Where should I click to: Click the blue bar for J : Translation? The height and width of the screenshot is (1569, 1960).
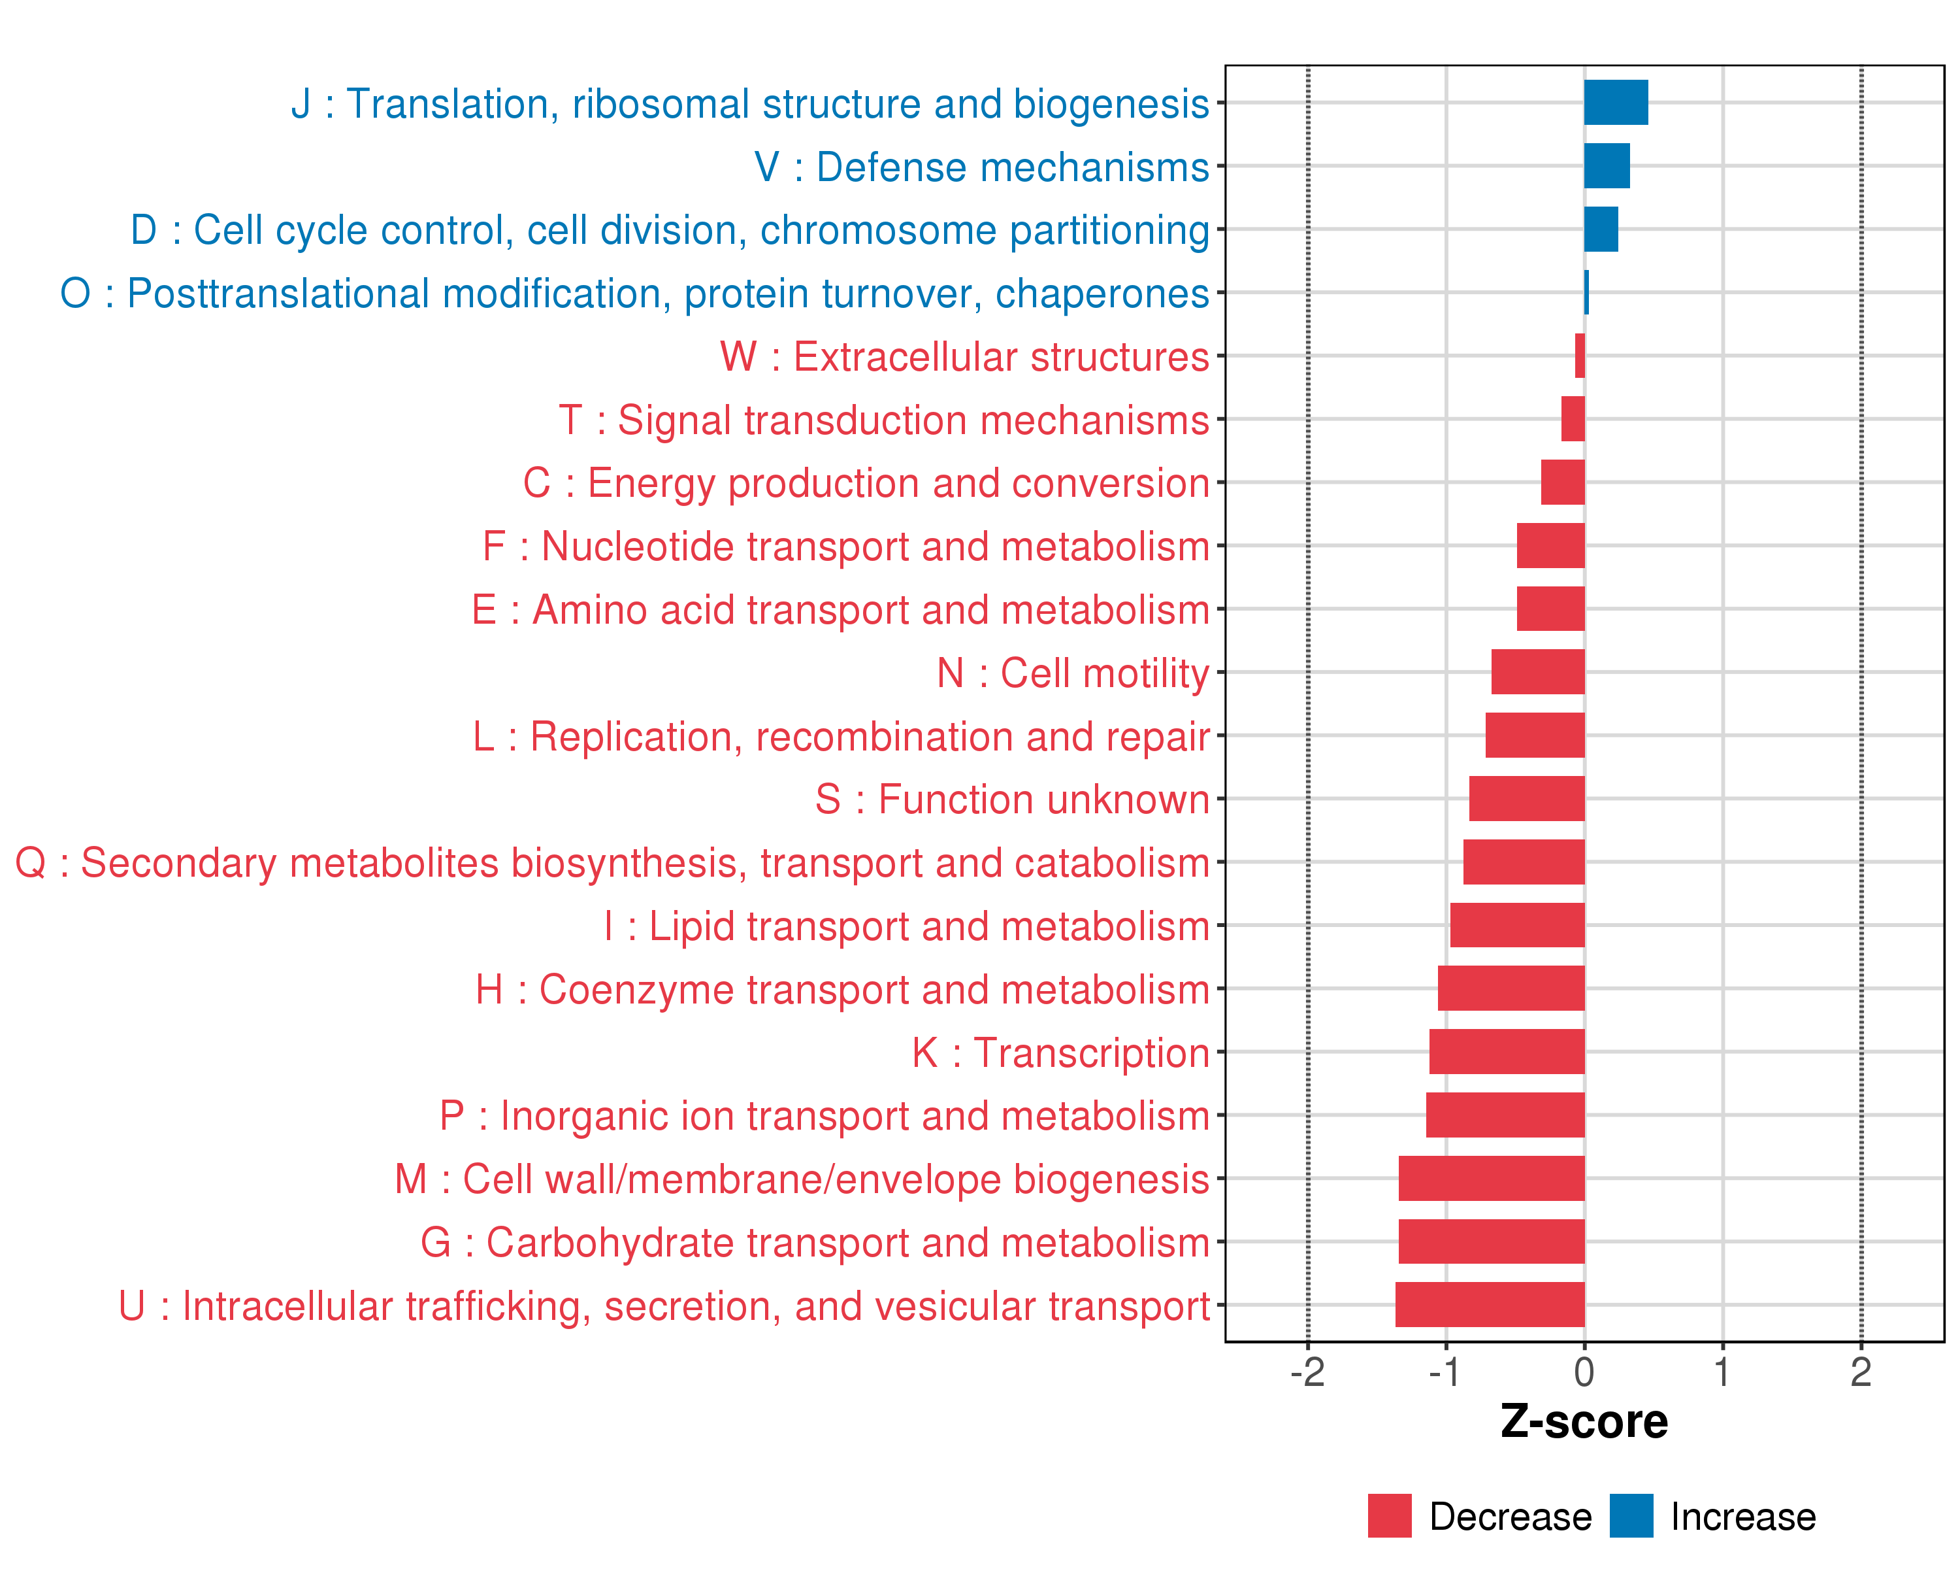coord(1616,102)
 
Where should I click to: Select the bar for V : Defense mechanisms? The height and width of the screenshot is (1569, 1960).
coord(1607,165)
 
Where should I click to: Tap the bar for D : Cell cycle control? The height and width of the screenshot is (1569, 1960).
coord(1601,229)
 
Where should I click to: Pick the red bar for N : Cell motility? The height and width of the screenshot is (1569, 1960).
coord(1538,672)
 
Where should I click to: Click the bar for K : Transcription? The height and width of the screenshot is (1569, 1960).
coord(1507,1051)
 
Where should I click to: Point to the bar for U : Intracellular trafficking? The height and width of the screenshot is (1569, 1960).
coord(1490,1304)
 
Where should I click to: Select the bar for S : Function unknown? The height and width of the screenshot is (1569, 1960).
coord(1527,799)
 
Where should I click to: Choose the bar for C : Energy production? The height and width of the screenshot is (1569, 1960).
coord(1563,482)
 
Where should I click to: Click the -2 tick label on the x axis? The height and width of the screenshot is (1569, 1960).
coord(1307,1372)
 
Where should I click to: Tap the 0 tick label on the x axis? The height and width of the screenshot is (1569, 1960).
coord(1584,1372)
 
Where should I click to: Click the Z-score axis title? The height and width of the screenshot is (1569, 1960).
coord(1584,1422)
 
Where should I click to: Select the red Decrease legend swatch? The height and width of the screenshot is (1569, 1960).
coord(1390,1516)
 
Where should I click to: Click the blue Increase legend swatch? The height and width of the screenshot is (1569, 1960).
coord(1632,1516)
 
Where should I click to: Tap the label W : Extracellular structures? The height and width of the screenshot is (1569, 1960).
coord(964,356)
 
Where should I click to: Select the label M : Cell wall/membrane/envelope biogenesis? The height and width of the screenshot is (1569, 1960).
coord(802,1179)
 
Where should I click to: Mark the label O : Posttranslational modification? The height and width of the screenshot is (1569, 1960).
coord(634,294)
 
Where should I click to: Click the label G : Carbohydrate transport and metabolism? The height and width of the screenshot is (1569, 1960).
coord(815,1243)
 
